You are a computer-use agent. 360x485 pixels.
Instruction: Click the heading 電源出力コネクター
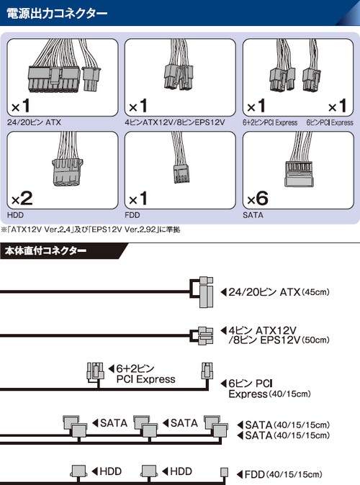click(57, 14)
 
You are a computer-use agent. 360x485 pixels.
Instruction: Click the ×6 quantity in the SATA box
click(258, 199)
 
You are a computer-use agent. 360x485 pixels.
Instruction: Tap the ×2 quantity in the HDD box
click(22, 199)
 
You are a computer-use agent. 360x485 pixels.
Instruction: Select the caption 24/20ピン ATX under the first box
click(34, 122)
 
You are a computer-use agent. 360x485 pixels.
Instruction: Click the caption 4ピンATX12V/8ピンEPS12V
click(174, 122)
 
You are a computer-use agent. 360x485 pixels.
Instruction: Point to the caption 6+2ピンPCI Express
click(270, 122)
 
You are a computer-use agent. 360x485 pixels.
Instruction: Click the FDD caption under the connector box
click(132, 215)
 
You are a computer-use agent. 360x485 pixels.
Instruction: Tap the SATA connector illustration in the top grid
click(299, 173)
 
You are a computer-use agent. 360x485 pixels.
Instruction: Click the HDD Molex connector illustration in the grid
click(67, 172)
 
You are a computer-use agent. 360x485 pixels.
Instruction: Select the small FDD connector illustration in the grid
click(181, 173)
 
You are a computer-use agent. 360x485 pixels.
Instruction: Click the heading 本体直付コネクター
click(45, 250)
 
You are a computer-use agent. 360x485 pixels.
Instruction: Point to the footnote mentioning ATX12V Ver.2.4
click(91, 230)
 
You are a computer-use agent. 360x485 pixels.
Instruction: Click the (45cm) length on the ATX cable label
click(315, 292)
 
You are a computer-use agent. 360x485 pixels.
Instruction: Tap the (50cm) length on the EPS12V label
click(315, 340)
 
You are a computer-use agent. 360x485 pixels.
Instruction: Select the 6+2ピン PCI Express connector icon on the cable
click(95, 371)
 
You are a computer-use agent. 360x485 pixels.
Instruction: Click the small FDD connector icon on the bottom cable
click(224, 472)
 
